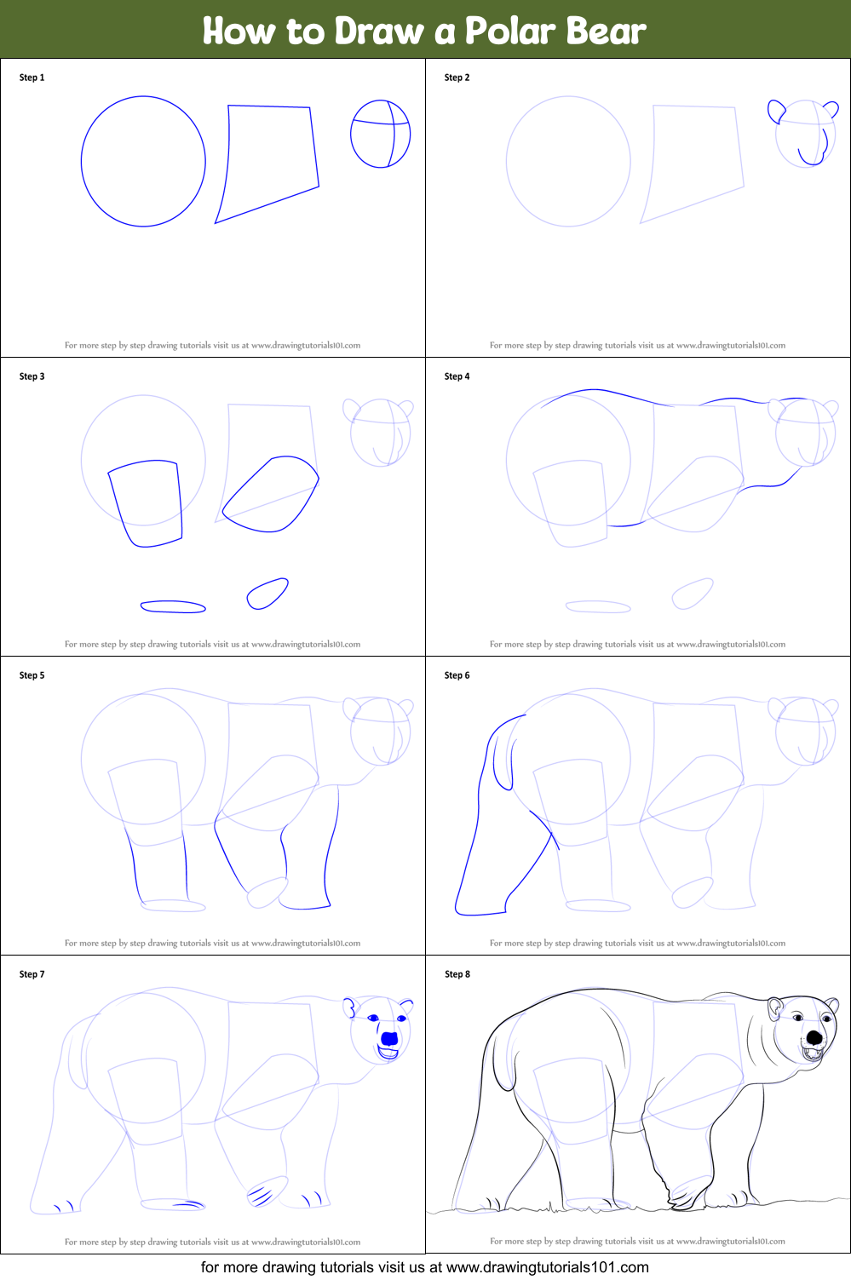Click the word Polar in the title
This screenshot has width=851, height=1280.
[x=509, y=31]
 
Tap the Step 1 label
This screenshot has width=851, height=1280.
[x=32, y=77]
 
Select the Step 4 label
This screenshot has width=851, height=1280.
[x=457, y=376]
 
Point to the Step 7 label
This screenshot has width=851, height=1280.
[x=32, y=974]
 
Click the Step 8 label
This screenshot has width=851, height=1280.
[x=457, y=974]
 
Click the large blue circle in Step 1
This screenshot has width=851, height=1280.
[x=81, y=161]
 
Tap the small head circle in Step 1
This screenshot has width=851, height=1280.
[x=351, y=134]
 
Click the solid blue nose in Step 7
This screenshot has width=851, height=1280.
[x=389, y=1038]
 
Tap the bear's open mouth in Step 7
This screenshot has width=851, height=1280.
[x=388, y=1053]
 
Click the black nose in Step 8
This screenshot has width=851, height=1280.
[x=814, y=1038]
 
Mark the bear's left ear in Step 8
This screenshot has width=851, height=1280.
[x=775, y=1008]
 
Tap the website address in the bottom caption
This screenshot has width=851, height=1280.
[x=548, y=1267]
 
